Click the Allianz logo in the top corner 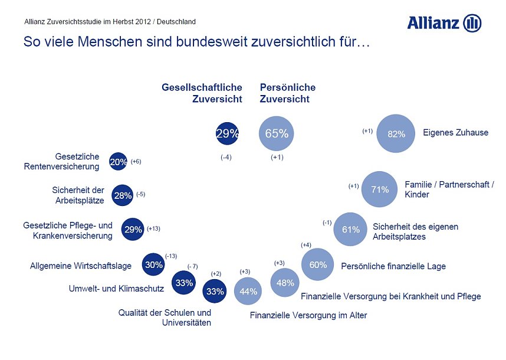click(444, 23)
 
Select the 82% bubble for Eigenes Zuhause click(396, 134)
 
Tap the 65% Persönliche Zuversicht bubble click(276, 133)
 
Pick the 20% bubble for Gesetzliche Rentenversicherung click(118, 162)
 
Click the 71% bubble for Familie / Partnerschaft click(379, 189)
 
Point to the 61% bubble click(351, 230)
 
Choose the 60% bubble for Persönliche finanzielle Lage click(318, 265)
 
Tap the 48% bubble click(285, 283)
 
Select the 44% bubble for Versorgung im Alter click(248, 291)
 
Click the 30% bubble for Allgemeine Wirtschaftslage click(154, 265)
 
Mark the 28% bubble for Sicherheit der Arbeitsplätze click(123, 195)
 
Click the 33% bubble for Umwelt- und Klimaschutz click(184, 283)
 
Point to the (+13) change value click(153, 228)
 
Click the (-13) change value click(171, 256)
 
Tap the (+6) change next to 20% click(136, 162)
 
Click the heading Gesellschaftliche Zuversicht click(202, 93)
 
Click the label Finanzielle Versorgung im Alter click(308, 315)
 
